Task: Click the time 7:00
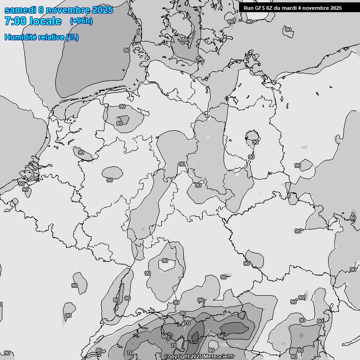click(x=15, y=21)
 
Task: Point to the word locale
click(x=45, y=21)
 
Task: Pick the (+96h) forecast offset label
click(x=81, y=21)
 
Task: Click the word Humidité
click(x=20, y=37)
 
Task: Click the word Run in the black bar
click(x=248, y=8)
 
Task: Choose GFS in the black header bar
click(x=260, y=8)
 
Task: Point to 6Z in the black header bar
click(x=270, y=8)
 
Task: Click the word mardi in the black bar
click(x=292, y=8)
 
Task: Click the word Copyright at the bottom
click(x=177, y=357)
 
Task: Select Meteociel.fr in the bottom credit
click(x=218, y=357)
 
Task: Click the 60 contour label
click(x=164, y=336)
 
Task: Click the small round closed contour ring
click(x=249, y=136)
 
